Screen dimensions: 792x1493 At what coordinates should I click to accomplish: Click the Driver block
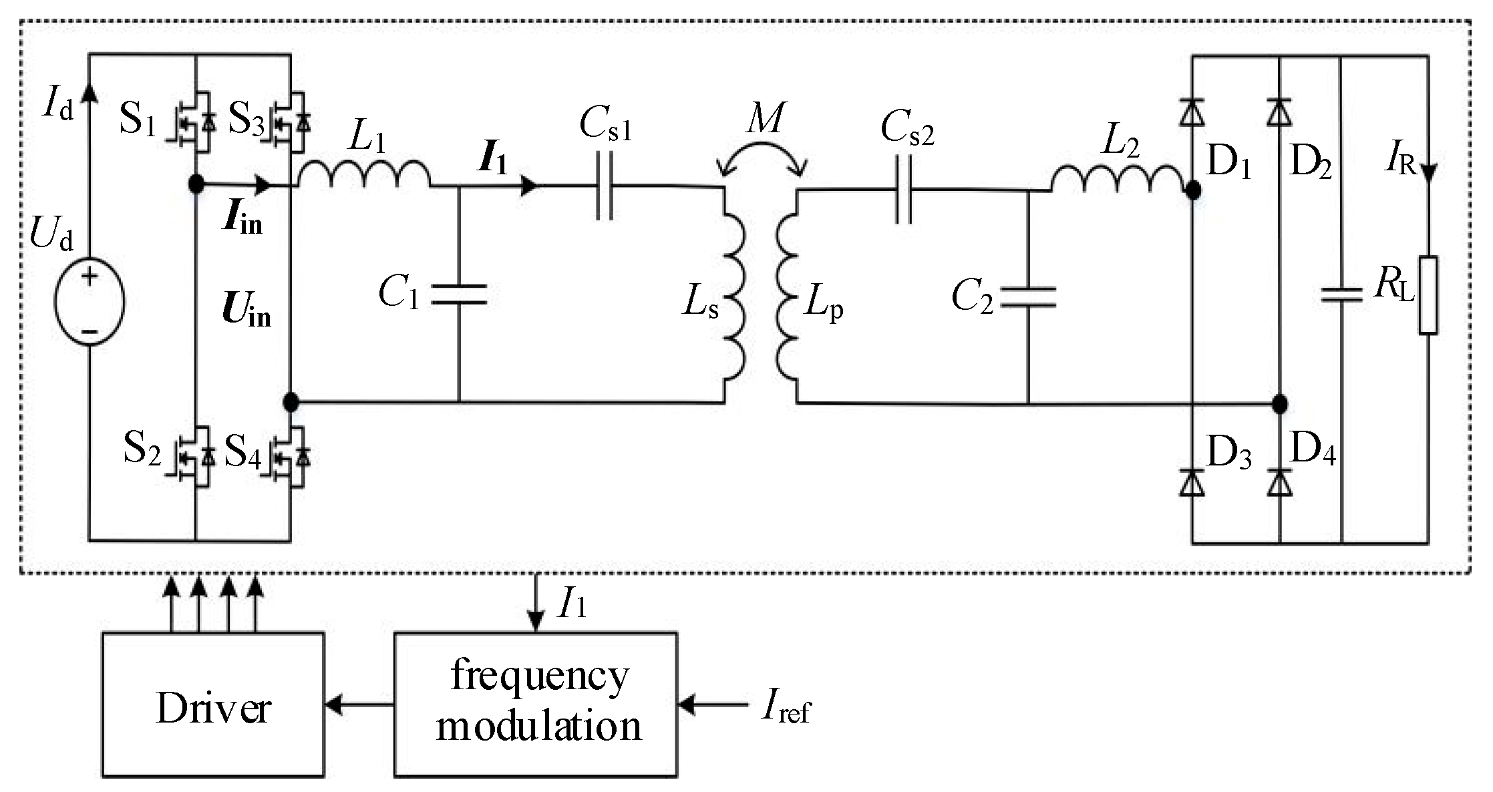pos(213,705)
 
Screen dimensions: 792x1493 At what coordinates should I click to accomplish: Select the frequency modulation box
pos(535,705)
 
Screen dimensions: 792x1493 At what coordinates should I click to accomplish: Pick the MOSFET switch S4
pos(290,458)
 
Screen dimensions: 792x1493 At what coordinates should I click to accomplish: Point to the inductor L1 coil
pos(364,175)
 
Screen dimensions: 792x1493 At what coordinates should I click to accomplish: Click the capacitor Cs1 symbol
pos(605,187)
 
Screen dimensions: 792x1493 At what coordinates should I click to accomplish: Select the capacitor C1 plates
pos(459,294)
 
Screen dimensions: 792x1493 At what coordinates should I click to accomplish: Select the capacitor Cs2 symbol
pos(903,190)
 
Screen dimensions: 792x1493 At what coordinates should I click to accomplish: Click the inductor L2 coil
pos(1118,178)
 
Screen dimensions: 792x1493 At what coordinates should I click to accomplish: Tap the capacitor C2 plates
pos(1028,297)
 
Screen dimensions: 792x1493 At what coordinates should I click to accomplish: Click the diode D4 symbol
pos(1279,482)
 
